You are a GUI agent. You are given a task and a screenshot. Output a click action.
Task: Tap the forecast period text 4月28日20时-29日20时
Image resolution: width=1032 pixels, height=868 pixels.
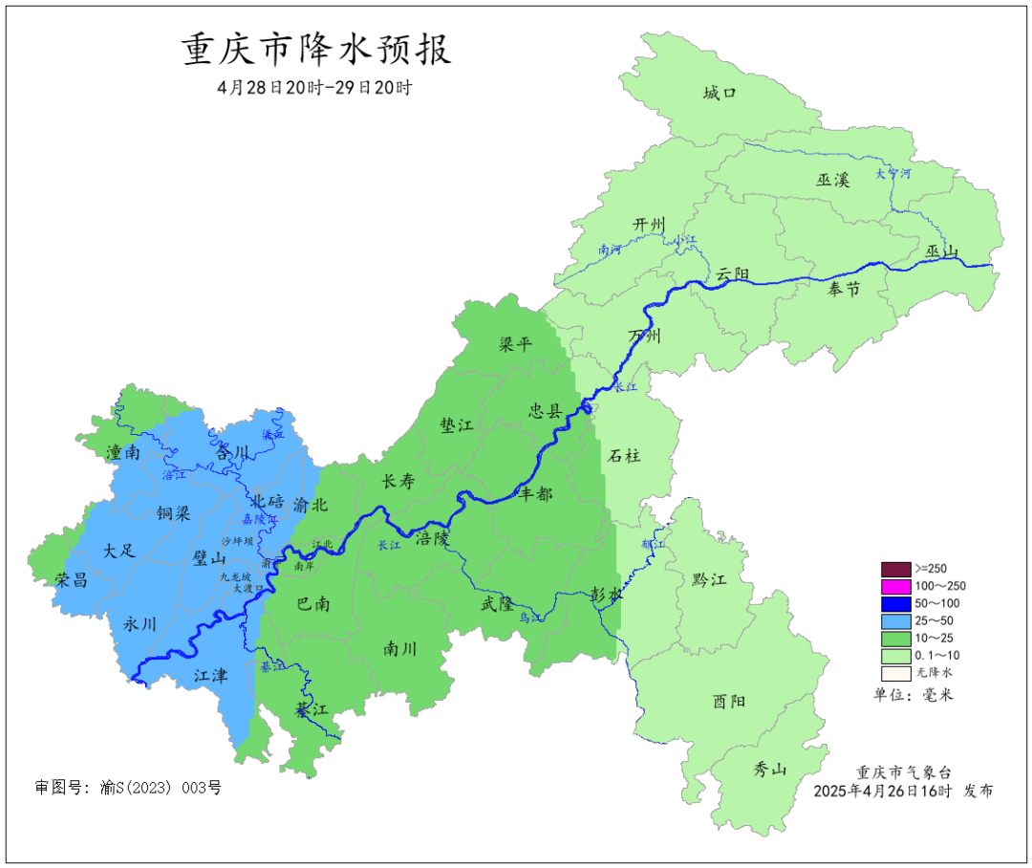click(x=314, y=87)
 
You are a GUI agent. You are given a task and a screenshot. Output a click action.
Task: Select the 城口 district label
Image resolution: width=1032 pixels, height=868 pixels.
click(x=720, y=93)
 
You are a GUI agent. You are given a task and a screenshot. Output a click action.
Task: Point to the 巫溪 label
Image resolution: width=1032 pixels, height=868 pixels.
click(x=832, y=179)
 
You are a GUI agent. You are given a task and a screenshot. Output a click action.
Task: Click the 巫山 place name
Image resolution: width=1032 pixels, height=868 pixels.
click(x=941, y=251)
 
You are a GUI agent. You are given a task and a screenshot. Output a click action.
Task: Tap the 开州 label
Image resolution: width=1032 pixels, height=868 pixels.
click(x=648, y=225)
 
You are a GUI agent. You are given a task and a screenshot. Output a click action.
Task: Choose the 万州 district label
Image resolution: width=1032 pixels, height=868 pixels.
click(x=644, y=336)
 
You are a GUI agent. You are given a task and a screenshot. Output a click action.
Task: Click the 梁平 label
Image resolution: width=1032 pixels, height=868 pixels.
click(x=515, y=345)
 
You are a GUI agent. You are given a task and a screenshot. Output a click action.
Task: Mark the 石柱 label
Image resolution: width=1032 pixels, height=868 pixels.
click(x=624, y=456)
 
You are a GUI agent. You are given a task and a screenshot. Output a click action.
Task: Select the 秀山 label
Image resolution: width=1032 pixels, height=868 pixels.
click(x=769, y=768)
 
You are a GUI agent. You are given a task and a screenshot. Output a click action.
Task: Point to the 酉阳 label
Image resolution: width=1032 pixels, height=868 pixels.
click(x=729, y=701)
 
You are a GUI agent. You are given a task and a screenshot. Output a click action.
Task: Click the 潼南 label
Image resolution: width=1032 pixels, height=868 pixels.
click(x=124, y=452)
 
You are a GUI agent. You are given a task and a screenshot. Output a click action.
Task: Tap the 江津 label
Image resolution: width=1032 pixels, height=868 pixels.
click(x=211, y=676)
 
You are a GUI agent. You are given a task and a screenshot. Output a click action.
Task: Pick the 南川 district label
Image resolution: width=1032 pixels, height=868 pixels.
click(x=399, y=649)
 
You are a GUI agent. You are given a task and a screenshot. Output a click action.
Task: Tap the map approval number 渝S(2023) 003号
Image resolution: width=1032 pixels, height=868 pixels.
click(x=128, y=788)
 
